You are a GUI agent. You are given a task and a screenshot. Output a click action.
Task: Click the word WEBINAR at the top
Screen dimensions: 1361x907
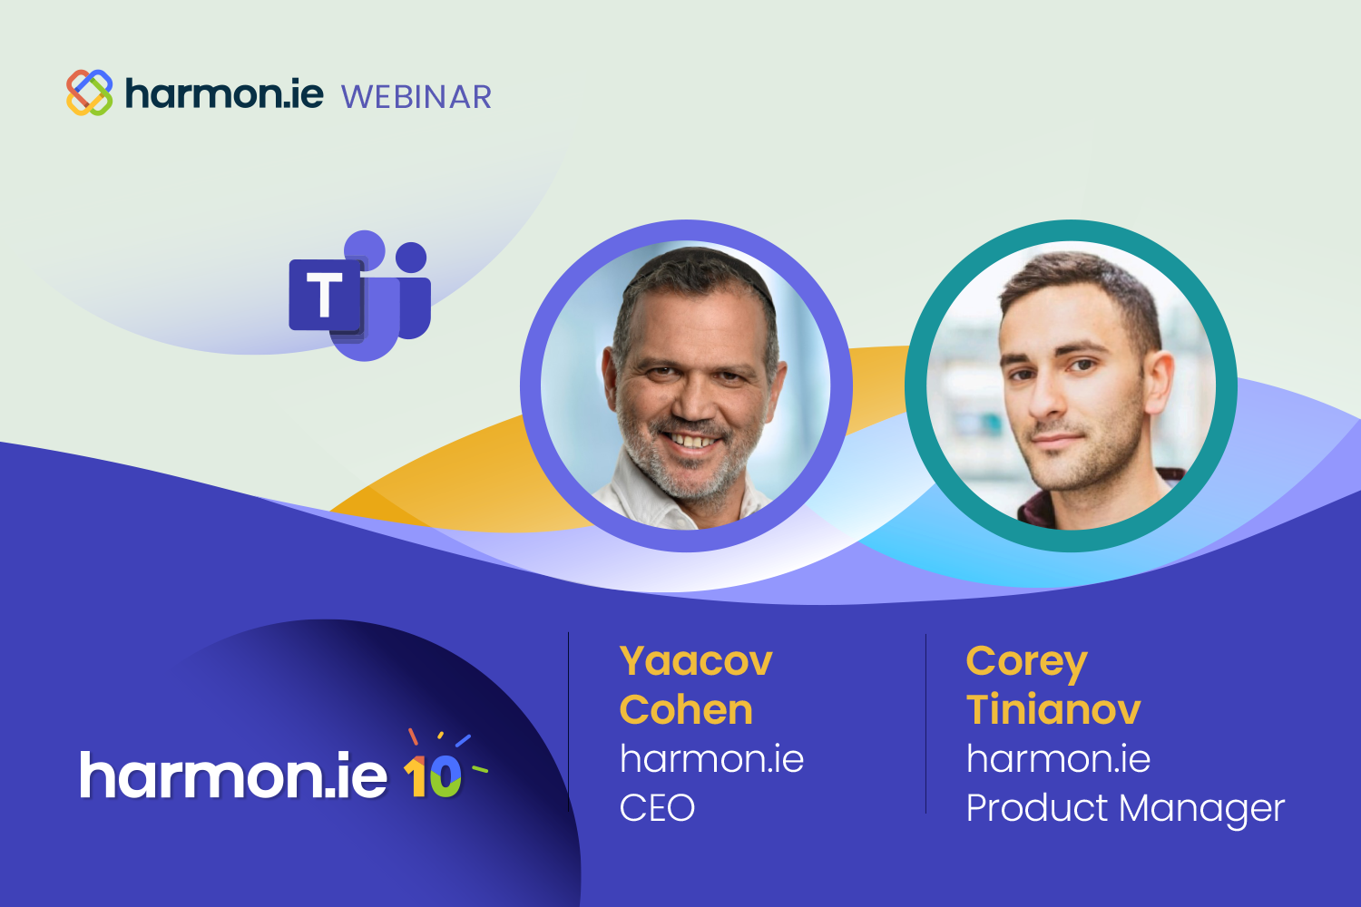coord(416,97)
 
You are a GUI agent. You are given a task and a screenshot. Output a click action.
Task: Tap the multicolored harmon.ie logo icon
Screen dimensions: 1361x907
coord(89,93)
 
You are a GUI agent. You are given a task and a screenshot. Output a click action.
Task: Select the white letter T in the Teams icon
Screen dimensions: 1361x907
coord(325,295)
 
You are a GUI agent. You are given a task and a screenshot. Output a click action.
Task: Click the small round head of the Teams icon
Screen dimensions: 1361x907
coord(411,257)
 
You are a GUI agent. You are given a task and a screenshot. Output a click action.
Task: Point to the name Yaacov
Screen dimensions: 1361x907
coord(696,661)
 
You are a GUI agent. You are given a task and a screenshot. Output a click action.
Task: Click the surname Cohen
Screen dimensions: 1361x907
coord(686,709)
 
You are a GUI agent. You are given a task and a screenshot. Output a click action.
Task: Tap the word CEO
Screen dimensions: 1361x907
coord(657,808)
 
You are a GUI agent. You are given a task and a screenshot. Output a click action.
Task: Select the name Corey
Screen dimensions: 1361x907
coord(1027,663)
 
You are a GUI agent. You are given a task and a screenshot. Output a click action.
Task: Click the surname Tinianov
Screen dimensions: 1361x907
coord(1053,709)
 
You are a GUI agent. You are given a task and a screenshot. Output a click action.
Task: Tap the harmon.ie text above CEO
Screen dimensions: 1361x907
coord(712,759)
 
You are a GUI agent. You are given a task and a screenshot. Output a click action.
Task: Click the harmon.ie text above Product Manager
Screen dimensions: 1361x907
coord(1059,759)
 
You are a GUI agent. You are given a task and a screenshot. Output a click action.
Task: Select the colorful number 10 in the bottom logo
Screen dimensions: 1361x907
coord(433,775)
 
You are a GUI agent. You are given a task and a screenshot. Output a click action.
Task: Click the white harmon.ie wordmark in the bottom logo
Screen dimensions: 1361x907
coord(233,775)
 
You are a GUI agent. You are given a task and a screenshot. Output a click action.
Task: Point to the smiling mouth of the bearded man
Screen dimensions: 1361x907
coord(691,439)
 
